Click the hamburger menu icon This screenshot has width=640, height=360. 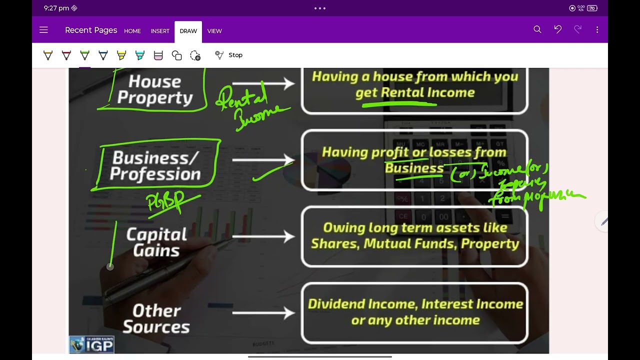pos(43,30)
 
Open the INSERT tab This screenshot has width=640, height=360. pos(160,31)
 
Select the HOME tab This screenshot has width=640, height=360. pos(132,31)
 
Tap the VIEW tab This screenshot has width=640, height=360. pos(214,31)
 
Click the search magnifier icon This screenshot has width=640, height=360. pos(537,30)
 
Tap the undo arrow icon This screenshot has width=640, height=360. pos(557,30)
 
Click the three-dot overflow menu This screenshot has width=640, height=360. pos(597,30)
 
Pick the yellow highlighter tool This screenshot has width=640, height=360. pos(121,55)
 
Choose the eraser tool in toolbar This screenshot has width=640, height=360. pos(158,55)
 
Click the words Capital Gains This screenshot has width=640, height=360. pos(156,242)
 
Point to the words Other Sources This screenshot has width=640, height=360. pos(156,318)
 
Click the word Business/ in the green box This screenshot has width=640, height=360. pos(155,158)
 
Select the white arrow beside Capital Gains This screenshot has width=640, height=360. pos(263,236)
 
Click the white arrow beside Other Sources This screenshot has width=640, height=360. pos(263,313)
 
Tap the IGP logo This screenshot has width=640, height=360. pos(92,344)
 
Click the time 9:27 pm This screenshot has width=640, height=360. pos(56,8)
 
